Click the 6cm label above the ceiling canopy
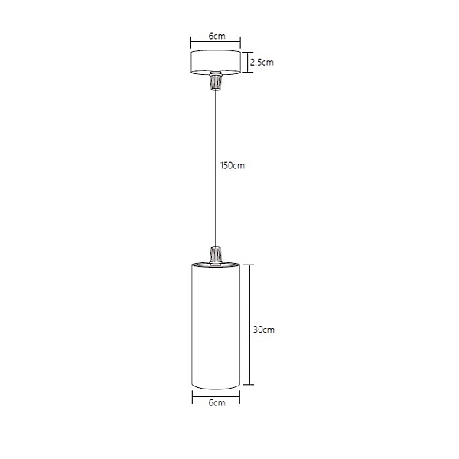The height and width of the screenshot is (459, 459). click(217, 36)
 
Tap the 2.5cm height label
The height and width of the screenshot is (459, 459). click(262, 63)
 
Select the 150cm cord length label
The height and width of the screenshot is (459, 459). click(233, 166)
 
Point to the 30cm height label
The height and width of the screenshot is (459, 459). click(264, 330)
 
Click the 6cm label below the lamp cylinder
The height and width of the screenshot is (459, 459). click(217, 402)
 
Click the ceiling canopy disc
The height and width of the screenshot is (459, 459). click(216, 62)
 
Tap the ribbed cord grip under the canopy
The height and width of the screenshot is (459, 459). click(216, 81)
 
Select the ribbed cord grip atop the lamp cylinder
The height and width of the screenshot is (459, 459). click(216, 256)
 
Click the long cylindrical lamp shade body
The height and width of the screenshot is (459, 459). click(216, 326)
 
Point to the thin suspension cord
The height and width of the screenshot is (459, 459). click(216, 168)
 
